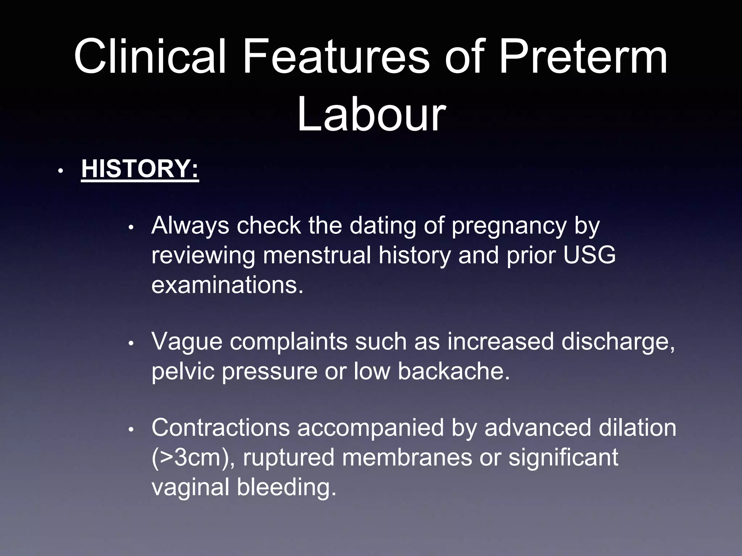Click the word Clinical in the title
pyautogui.click(x=150, y=56)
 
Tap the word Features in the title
pyautogui.click(x=336, y=56)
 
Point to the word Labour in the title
pyautogui.click(x=371, y=114)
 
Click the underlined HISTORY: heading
pyautogui.click(x=140, y=169)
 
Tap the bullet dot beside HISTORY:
pyautogui.click(x=61, y=170)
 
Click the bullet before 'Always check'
pyautogui.click(x=132, y=228)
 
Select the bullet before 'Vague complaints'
pyautogui.click(x=132, y=343)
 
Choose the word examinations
pyautogui.click(x=227, y=285)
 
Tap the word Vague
pyautogui.click(x=187, y=342)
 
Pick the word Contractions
pyautogui.click(x=221, y=428)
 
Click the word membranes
pyautogui.click(x=407, y=458)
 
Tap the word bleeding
pyautogui.click(x=287, y=487)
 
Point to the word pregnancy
pyautogui.click(x=509, y=226)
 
